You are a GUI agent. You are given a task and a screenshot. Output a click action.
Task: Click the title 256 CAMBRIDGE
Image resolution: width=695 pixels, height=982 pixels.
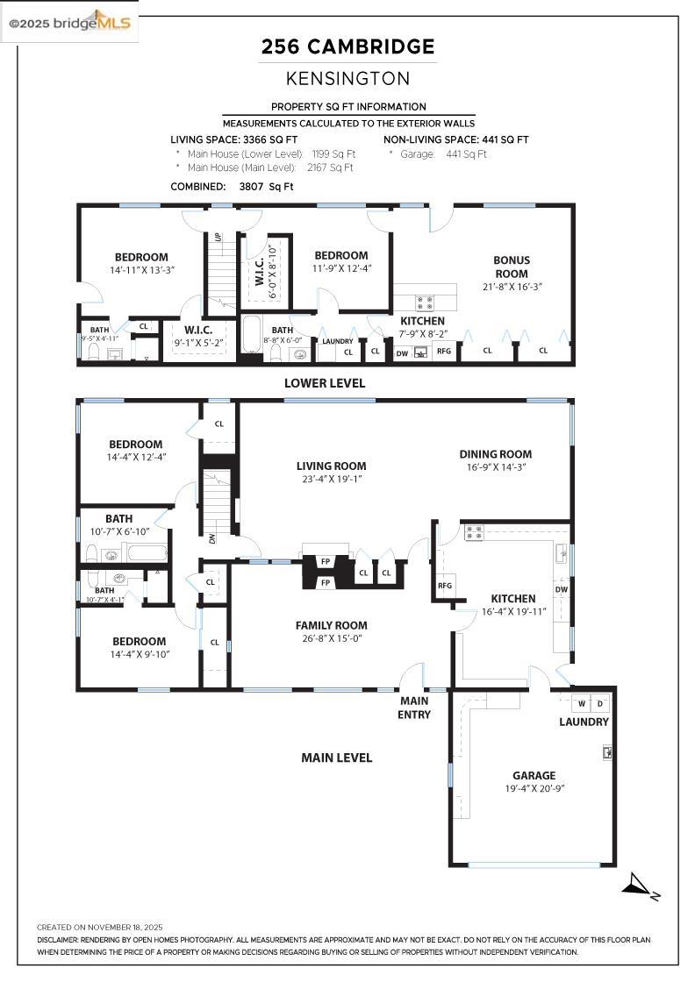click(x=348, y=47)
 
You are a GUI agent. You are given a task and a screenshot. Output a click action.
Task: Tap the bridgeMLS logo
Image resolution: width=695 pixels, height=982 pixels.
click(x=70, y=23)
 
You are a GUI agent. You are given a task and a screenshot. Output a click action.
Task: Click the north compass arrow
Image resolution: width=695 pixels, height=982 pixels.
click(x=639, y=887)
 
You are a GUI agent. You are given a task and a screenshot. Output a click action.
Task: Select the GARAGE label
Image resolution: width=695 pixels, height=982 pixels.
click(x=534, y=775)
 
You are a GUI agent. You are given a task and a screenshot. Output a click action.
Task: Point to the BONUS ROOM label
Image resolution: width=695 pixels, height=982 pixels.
click(x=511, y=267)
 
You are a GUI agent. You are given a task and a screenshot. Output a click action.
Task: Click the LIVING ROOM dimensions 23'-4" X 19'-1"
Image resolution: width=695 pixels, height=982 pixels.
click(x=331, y=480)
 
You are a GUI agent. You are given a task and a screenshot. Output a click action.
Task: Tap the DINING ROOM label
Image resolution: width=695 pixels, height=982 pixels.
click(x=496, y=454)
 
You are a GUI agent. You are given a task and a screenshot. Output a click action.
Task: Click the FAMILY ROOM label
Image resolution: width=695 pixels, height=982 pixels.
click(x=331, y=625)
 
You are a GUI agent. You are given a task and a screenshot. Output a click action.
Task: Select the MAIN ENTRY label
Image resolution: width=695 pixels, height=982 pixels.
click(x=414, y=708)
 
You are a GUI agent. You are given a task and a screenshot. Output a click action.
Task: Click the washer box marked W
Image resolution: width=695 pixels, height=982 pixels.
click(x=581, y=703)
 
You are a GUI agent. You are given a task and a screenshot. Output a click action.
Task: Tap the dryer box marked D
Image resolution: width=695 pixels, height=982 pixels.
click(x=601, y=703)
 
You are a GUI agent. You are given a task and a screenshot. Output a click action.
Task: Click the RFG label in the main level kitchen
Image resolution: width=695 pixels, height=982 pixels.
click(x=445, y=586)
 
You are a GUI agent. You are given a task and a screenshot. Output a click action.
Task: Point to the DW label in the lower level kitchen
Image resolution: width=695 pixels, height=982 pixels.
click(x=402, y=352)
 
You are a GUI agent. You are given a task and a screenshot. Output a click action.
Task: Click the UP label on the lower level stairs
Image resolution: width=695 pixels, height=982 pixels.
click(x=219, y=238)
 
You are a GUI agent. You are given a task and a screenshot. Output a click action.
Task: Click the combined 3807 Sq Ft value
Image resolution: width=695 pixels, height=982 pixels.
click(x=267, y=186)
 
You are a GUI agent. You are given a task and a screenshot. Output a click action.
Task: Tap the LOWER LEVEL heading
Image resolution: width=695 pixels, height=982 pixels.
click(x=325, y=383)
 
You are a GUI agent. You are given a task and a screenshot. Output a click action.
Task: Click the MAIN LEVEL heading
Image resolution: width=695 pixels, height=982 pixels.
click(x=337, y=758)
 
